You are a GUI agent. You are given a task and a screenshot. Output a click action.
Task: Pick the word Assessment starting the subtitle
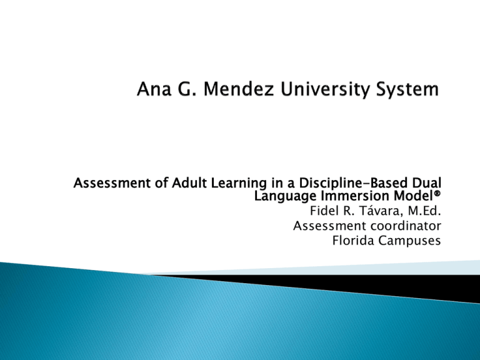click(104, 184)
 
